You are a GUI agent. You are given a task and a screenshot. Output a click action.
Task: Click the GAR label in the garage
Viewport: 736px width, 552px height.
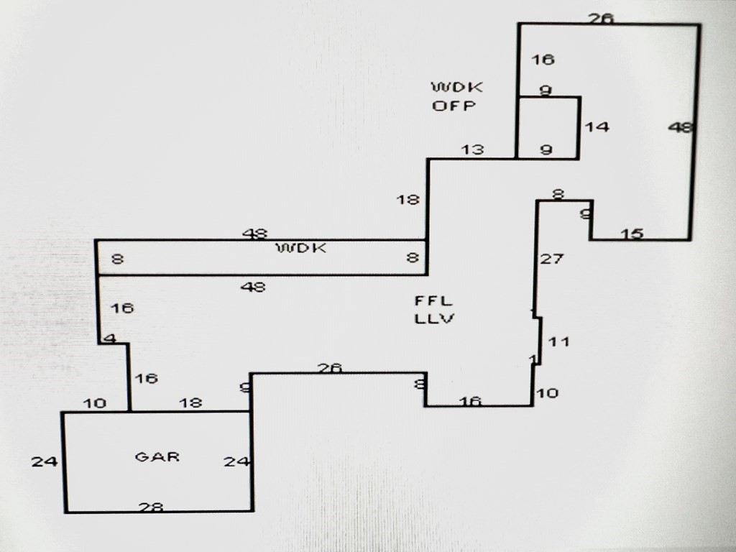(157, 456)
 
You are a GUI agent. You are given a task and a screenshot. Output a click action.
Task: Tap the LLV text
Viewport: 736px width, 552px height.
(434, 318)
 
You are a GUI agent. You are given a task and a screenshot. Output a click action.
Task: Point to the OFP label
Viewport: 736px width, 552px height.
(454, 106)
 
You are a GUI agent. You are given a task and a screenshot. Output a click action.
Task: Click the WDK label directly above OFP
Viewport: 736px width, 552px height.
(457, 88)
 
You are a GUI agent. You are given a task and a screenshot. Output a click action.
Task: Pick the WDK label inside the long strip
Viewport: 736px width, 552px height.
(302, 249)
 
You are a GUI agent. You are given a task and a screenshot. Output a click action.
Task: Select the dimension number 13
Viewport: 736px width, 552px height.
(472, 149)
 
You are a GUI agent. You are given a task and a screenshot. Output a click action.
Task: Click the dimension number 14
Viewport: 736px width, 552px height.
(597, 126)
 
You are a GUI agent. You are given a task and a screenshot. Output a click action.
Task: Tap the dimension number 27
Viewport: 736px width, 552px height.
(551, 259)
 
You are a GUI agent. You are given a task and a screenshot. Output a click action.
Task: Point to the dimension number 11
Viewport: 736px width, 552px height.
(558, 341)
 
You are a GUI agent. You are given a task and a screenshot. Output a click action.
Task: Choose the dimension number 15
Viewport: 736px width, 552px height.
(632, 234)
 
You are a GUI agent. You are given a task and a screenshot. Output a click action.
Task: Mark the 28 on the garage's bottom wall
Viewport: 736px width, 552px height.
(151, 507)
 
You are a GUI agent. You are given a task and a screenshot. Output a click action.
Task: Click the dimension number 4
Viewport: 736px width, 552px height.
(109, 338)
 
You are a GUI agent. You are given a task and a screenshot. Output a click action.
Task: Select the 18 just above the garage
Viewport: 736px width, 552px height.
(190, 403)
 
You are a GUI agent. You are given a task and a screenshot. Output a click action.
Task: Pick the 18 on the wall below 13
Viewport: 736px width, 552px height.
(408, 200)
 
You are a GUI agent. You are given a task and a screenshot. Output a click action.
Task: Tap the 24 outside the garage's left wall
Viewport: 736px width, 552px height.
(44, 461)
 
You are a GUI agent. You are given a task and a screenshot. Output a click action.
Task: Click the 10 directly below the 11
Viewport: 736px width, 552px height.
(547, 393)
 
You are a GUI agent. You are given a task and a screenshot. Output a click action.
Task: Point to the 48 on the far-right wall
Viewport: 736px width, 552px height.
(680, 127)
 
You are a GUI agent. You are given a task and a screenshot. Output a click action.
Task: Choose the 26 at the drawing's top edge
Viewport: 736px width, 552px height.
(601, 19)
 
